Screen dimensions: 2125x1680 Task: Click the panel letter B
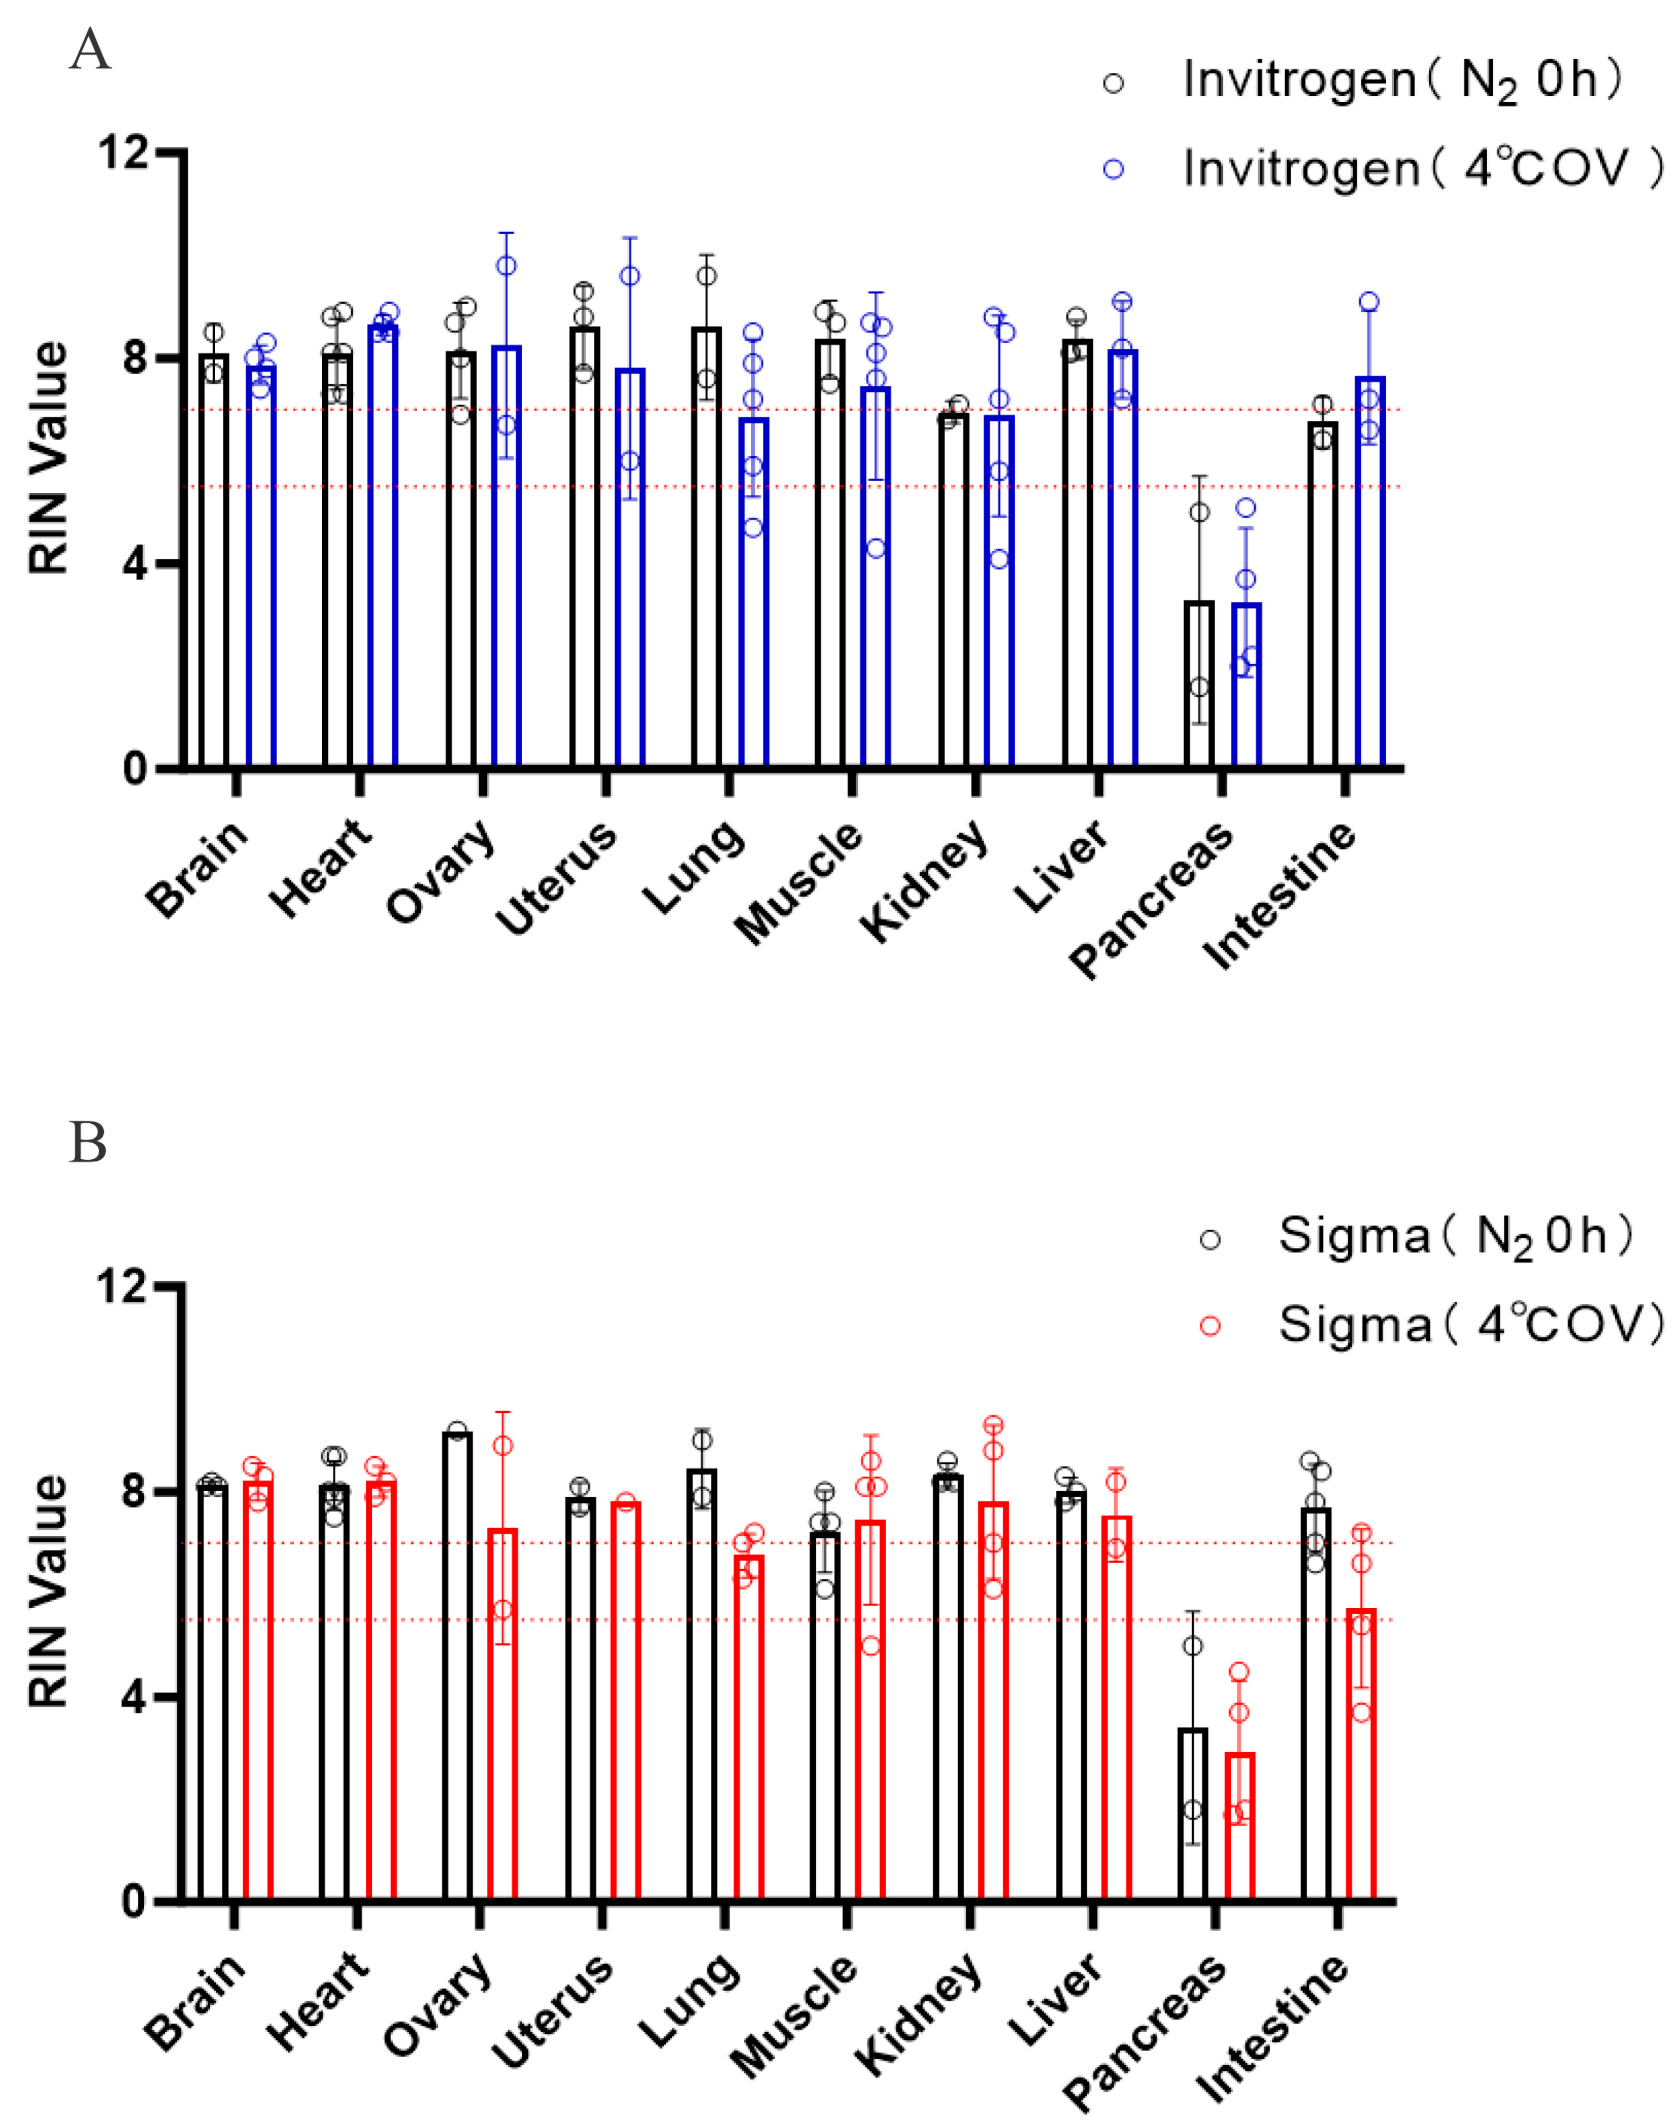pos(88,1143)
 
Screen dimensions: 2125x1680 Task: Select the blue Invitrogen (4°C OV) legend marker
pos(1113,169)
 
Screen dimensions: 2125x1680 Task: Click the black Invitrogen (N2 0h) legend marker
pos(1113,84)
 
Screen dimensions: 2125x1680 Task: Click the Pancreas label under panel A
pos(1151,900)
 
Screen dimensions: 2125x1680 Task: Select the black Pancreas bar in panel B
pos(1192,1815)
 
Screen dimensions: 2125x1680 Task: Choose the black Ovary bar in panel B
pos(457,1672)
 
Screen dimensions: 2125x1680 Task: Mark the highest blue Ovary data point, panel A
pos(507,266)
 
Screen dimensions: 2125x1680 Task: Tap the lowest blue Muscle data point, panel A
pos(876,548)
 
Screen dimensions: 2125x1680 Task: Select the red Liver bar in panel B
pos(1116,1712)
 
